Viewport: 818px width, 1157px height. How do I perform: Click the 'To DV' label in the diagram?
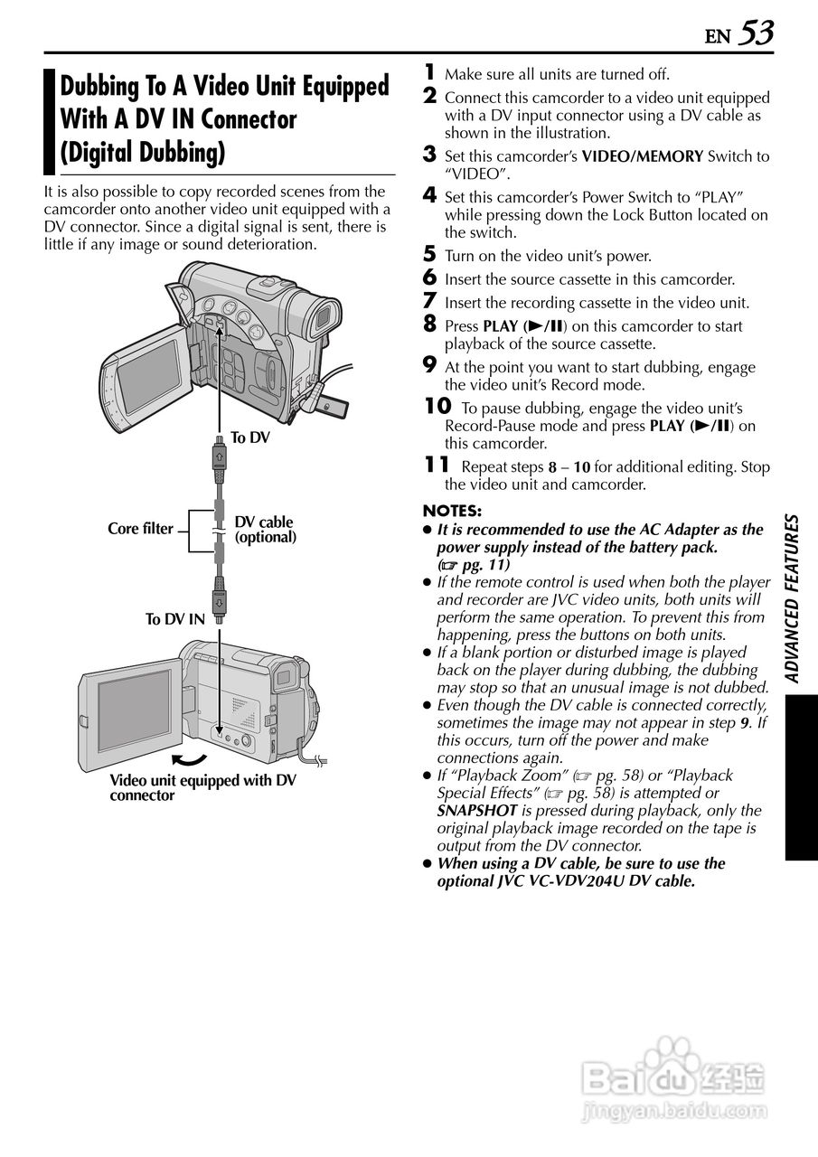250,437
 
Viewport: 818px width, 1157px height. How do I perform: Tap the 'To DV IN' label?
175,619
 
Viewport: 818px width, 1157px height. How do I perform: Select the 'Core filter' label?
140,529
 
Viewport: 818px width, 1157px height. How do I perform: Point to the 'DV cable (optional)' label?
265,530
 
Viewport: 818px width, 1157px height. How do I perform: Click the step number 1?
430,72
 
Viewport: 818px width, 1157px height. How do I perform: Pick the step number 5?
430,254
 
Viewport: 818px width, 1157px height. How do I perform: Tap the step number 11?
437,465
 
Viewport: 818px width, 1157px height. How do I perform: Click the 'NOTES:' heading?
452,511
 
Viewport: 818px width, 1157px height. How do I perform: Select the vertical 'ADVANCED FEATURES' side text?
792,598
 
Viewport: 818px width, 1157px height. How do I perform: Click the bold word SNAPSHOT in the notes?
477,811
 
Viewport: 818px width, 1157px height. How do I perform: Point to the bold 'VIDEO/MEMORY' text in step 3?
642,156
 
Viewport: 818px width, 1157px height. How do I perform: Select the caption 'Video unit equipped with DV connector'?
202,788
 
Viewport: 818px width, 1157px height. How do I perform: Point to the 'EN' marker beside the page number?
718,37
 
